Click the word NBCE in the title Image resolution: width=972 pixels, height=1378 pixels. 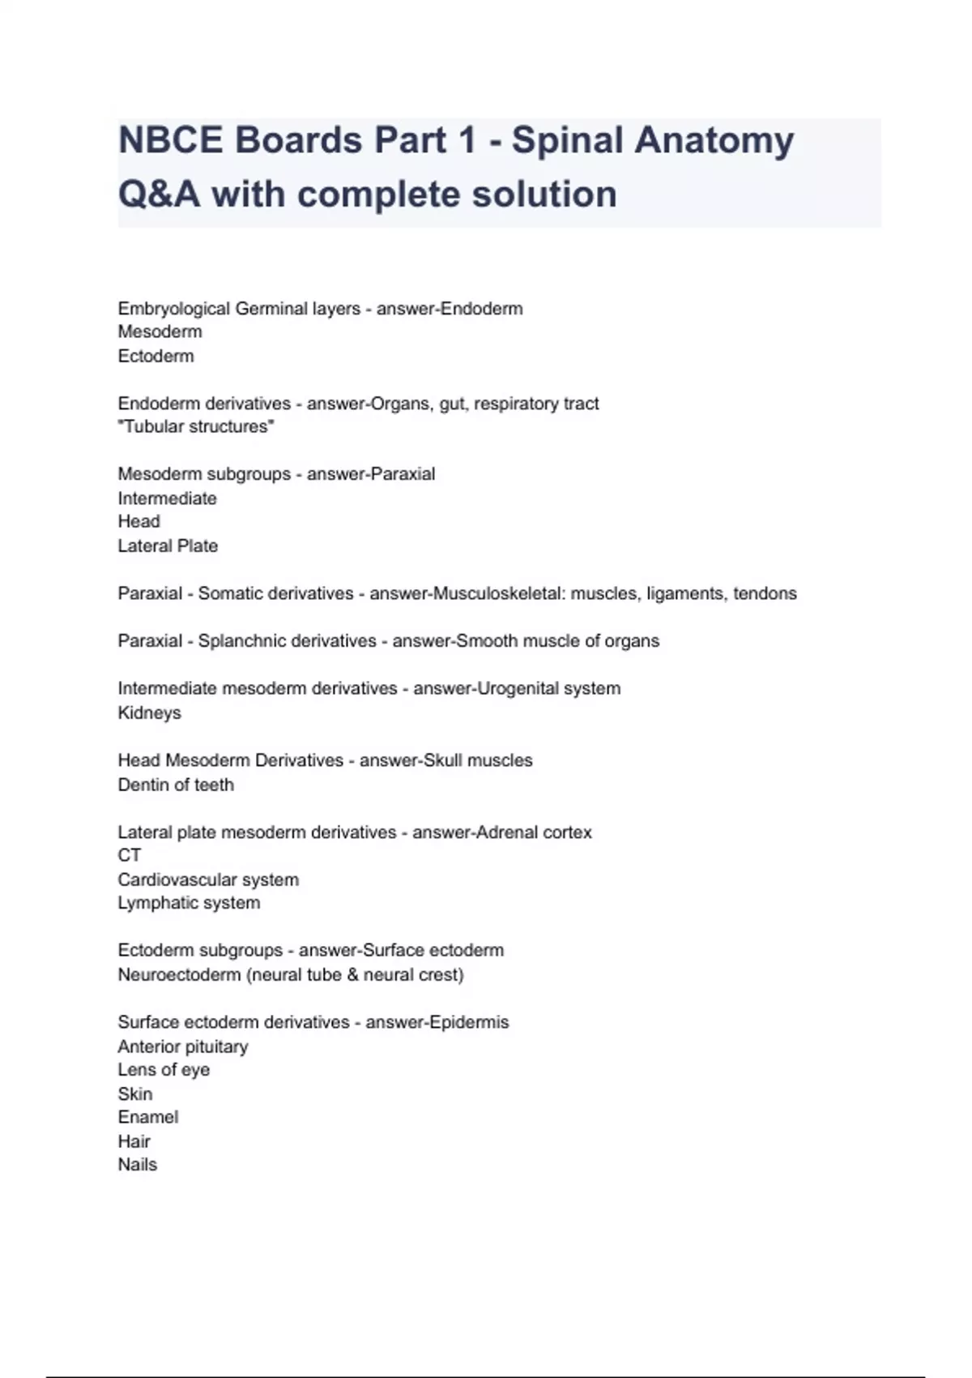click(170, 140)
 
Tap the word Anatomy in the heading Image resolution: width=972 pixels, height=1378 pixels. click(714, 140)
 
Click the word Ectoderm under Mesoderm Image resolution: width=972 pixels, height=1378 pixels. click(156, 356)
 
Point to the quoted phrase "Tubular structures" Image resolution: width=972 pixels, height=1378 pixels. click(196, 426)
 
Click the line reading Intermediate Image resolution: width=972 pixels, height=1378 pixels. click(167, 499)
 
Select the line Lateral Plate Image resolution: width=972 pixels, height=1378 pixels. click(168, 546)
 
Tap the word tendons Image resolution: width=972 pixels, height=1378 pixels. click(765, 593)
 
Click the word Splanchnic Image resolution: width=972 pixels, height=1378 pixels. click(241, 641)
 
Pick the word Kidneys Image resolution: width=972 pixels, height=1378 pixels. click(149, 713)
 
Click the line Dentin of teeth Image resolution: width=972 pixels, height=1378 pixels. click(176, 785)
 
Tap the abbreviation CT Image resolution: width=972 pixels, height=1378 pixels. click(130, 855)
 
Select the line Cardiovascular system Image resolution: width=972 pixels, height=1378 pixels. click(208, 879)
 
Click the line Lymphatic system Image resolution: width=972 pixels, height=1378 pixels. click(189, 903)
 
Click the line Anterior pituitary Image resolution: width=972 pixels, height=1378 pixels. click(183, 1046)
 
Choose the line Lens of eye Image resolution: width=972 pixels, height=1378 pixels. click(164, 1070)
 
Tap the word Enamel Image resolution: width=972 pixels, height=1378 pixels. click(147, 1117)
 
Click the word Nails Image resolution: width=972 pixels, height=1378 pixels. click(138, 1165)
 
